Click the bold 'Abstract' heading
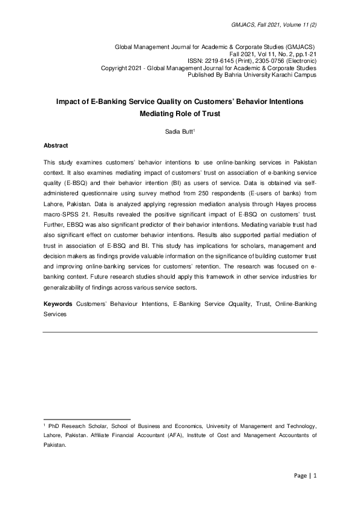coord(56,146)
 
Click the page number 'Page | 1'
coord(304,476)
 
